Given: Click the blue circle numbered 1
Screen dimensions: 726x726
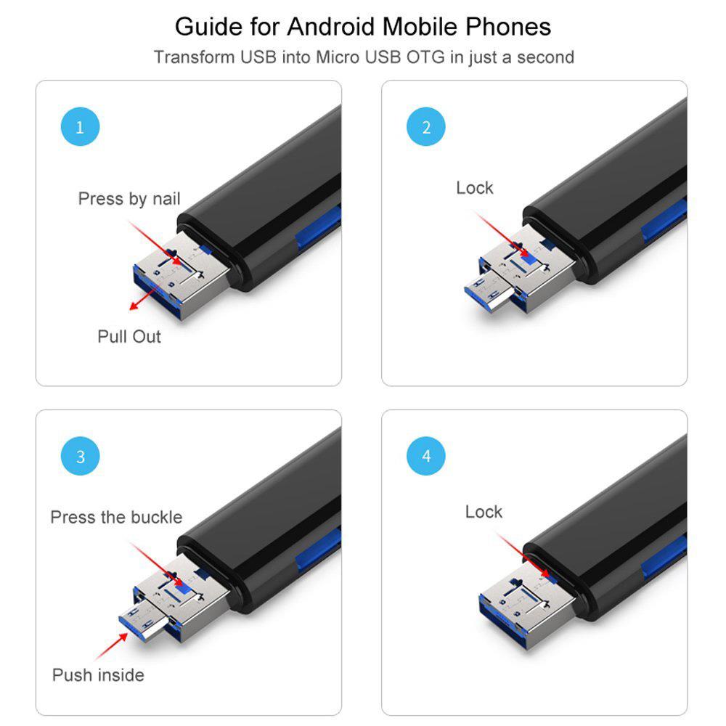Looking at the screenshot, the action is coord(80,126).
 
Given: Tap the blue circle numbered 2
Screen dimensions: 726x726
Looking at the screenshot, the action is coord(426,126).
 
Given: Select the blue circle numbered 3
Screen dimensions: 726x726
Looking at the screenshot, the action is coord(80,456).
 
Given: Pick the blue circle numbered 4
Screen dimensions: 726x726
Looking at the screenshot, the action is coord(426,456).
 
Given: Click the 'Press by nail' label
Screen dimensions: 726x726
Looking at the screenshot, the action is coord(129,199).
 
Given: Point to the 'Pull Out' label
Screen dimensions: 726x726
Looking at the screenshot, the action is coord(129,337).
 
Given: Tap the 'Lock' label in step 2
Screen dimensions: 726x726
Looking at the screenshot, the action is coord(475,188).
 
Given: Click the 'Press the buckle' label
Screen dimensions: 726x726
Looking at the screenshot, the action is coord(116,517).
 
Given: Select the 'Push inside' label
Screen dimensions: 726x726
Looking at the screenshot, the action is coord(98,675).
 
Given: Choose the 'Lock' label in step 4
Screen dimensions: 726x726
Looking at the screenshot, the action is coord(484,512).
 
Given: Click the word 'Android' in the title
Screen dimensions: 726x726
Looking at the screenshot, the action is coord(333,26).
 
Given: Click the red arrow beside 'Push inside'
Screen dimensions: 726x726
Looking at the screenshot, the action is coord(111,646).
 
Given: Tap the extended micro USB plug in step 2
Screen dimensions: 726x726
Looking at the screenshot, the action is coord(489,292).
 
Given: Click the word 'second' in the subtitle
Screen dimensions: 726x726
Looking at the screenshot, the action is coord(545,57).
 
